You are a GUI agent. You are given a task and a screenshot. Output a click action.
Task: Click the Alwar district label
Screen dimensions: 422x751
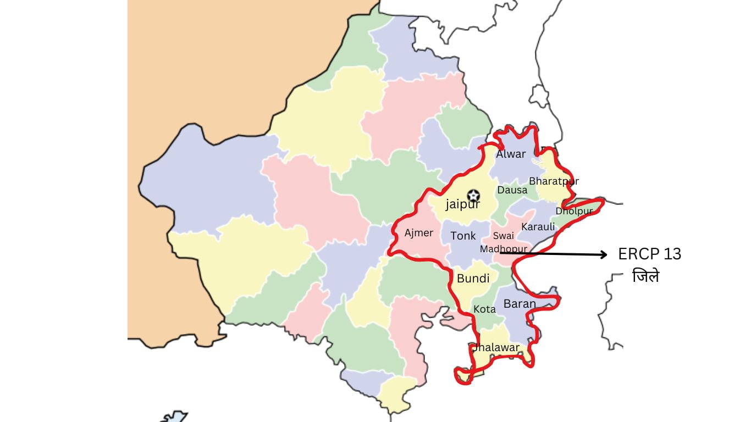(511, 154)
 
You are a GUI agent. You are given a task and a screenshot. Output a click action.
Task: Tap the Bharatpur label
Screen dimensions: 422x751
(554, 181)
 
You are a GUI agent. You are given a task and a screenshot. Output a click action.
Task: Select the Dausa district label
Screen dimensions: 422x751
(512, 190)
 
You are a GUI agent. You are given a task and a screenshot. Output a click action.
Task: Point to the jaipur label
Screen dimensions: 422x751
(462, 205)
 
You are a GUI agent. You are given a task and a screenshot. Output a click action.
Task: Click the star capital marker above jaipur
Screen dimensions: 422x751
(473, 195)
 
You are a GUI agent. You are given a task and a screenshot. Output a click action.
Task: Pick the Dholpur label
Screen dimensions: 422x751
(574, 211)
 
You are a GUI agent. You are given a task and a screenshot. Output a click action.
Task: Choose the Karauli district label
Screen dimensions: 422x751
(538, 227)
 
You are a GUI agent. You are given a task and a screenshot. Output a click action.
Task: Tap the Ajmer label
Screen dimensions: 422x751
(419, 233)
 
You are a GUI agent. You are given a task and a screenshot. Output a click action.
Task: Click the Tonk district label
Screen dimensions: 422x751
(463, 236)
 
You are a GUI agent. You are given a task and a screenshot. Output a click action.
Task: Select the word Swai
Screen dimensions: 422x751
(503, 236)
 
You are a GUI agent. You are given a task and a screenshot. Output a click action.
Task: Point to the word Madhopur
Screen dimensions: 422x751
(503, 249)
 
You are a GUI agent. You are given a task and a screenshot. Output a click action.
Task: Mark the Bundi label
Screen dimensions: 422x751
(473, 279)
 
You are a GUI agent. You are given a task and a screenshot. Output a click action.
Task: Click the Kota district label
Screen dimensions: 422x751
(484, 309)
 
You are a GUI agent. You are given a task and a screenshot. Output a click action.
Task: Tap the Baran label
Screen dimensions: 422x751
(520, 303)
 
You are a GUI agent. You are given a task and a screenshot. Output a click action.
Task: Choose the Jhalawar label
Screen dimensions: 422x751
(496, 348)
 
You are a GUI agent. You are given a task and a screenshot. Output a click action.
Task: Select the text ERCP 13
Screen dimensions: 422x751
(649, 254)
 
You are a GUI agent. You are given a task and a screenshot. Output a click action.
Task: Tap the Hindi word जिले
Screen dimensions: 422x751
(645, 276)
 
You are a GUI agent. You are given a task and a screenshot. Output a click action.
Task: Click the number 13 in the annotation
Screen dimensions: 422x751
(671, 254)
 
